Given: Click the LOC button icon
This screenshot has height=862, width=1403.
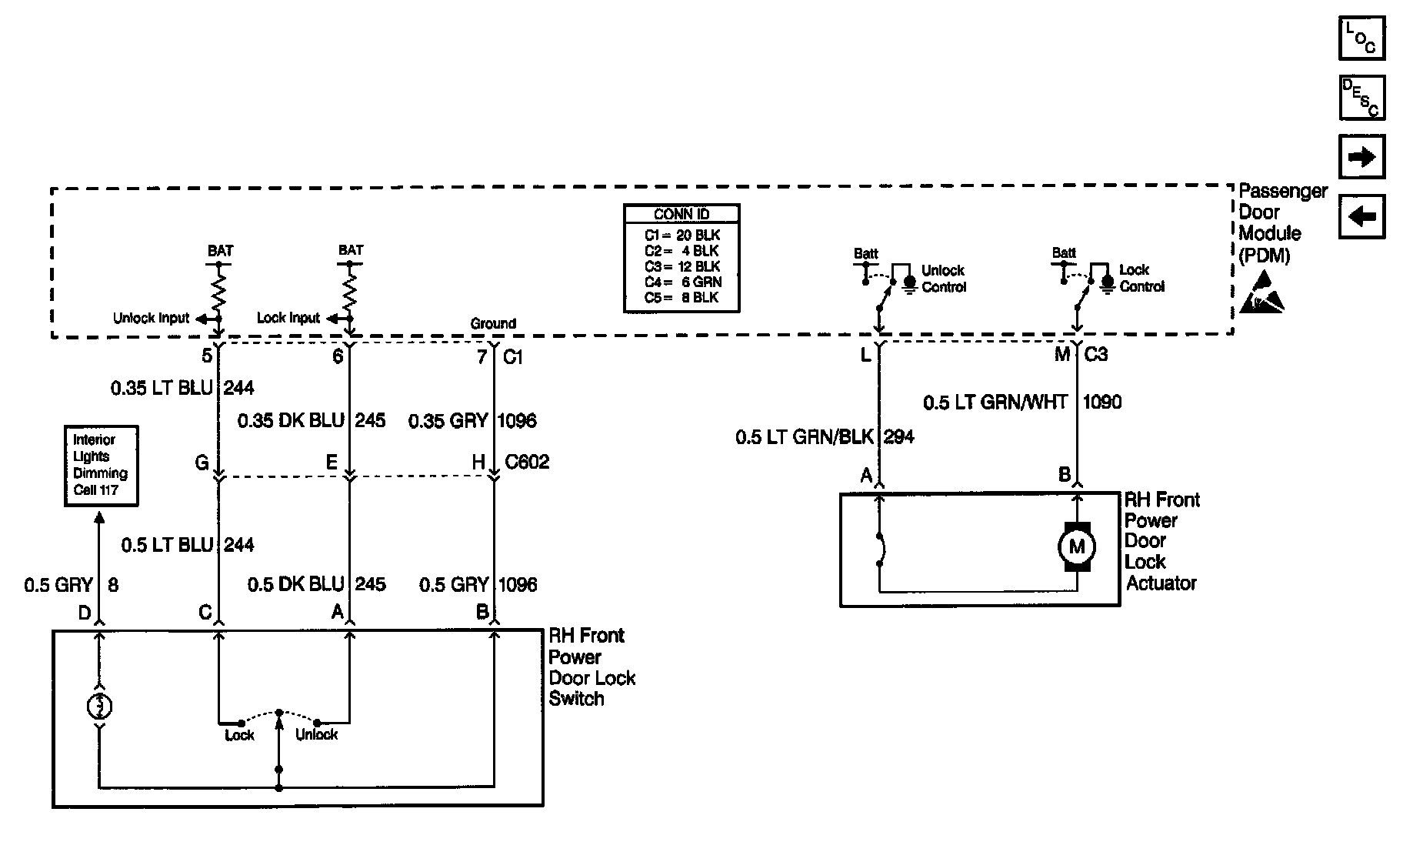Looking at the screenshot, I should [1361, 38].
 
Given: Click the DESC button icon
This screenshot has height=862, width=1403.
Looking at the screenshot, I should [1361, 97].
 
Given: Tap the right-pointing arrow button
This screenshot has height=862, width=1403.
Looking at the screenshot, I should [1361, 157].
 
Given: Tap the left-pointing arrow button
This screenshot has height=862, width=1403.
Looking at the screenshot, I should [1361, 216].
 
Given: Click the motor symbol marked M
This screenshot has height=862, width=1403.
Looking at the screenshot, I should [1076, 547].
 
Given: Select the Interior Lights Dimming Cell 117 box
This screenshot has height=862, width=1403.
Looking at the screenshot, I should [101, 465].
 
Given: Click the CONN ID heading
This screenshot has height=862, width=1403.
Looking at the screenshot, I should [681, 214].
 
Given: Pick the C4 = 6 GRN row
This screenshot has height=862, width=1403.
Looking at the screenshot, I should [682, 282].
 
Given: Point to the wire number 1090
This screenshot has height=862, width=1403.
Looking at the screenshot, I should [1101, 402].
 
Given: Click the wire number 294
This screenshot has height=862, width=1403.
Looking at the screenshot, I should [898, 437].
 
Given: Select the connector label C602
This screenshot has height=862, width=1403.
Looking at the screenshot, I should [527, 462].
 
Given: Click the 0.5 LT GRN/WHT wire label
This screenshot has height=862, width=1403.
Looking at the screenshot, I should [995, 402].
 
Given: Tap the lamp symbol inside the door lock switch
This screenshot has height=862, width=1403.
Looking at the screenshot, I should [99, 706].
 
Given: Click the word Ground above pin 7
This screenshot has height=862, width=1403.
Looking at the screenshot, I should [493, 323].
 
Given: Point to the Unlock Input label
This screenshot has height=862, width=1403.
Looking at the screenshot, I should [151, 318].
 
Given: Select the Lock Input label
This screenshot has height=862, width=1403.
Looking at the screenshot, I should [288, 318].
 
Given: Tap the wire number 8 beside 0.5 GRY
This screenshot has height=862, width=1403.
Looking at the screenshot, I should [113, 585].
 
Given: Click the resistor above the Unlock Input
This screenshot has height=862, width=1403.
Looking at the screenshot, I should [218, 290].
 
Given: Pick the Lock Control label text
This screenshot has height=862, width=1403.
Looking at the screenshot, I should [1141, 278].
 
